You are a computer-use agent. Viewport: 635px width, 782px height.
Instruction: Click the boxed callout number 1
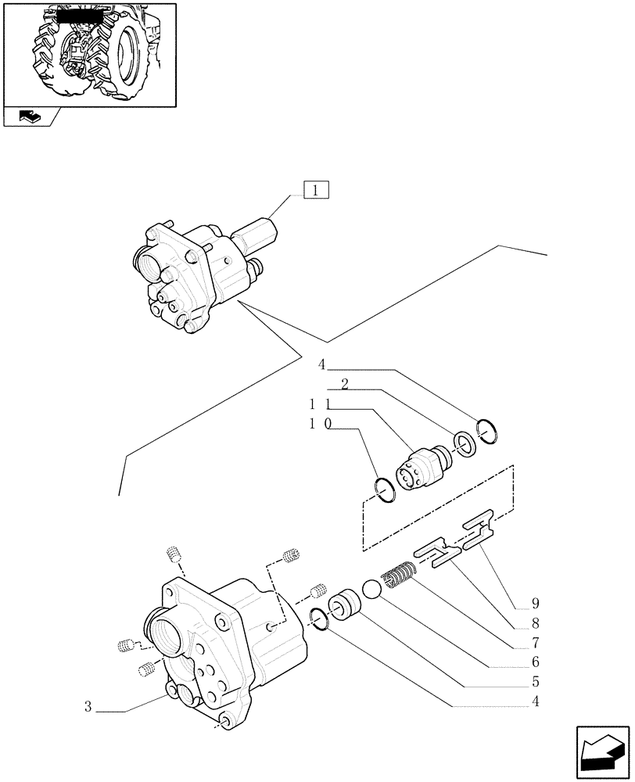314,190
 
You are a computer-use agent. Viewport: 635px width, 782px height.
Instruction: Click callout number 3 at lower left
90,708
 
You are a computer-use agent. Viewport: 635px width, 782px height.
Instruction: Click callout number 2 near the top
344,384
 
